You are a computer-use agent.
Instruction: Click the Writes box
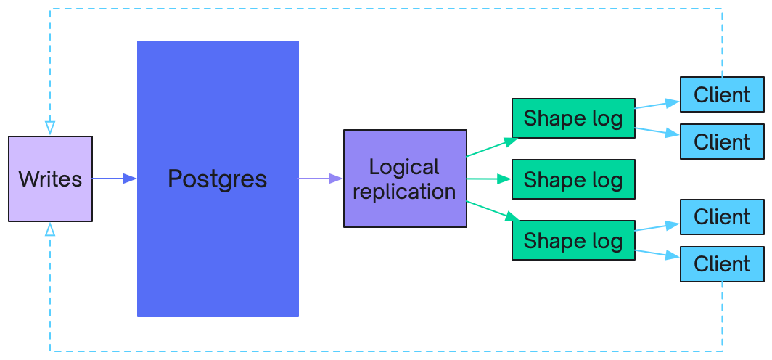[x=50, y=179]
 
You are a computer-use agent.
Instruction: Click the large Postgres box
[x=218, y=179]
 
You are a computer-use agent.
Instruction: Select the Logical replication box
[x=404, y=179]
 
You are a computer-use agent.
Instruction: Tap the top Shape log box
[x=573, y=118]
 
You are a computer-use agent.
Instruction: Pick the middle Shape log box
[x=573, y=179]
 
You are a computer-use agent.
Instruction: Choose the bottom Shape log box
[x=573, y=240]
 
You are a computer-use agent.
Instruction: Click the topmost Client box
[x=722, y=94]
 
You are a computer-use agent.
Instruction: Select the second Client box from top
[x=722, y=142]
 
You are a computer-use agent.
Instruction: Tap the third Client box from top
[x=722, y=217]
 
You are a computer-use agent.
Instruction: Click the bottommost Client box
[x=722, y=264]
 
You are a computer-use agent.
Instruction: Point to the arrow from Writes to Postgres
[x=114, y=179]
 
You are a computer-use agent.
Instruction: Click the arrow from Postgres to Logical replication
[x=321, y=179]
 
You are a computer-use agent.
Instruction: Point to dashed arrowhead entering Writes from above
[x=50, y=128]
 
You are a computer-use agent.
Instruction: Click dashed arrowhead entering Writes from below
[x=50, y=229]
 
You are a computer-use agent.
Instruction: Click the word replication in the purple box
[x=404, y=192]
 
